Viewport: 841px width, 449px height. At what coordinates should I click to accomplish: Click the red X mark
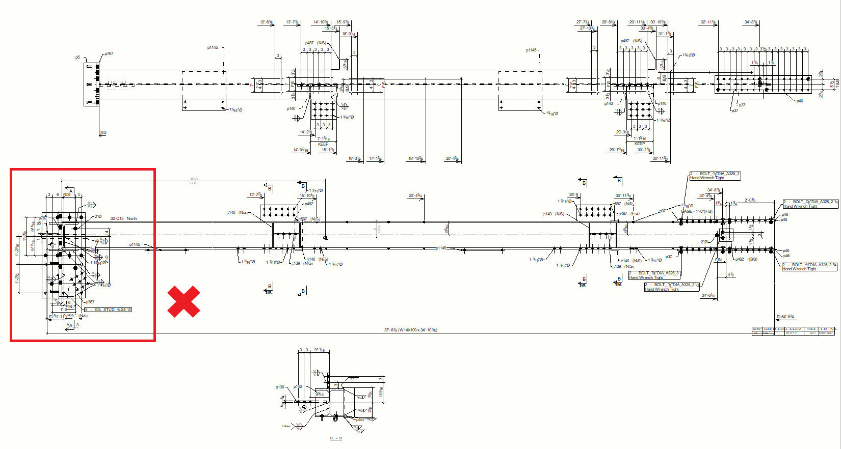click(x=183, y=301)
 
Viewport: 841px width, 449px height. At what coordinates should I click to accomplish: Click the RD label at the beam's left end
click(x=103, y=132)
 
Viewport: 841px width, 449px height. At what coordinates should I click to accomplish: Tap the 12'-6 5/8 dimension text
click(x=266, y=22)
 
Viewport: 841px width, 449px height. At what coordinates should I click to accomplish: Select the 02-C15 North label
click(x=123, y=218)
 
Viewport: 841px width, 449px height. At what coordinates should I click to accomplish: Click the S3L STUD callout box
click(x=108, y=310)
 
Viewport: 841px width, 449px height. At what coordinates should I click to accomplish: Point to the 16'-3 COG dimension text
click(x=194, y=181)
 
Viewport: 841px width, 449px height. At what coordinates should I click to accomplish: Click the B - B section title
click(x=336, y=438)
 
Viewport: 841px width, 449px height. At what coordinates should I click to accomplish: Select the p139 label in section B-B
click(x=280, y=387)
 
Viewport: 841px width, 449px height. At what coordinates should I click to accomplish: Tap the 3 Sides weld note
click(x=286, y=426)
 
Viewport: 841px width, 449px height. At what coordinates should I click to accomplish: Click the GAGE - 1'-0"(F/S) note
click(x=697, y=211)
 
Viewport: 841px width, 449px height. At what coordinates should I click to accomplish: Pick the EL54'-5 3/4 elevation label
click(x=785, y=317)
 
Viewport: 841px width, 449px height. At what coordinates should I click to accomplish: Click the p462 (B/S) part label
click(x=746, y=259)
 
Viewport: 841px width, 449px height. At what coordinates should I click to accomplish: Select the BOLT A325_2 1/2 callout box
click(x=671, y=287)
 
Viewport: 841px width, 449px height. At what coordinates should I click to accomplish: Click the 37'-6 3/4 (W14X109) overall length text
click(x=410, y=330)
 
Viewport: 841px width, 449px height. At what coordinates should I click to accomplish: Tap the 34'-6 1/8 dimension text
click(x=708, y=295)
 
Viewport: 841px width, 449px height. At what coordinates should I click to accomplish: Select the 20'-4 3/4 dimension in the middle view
click(x=415, y=195)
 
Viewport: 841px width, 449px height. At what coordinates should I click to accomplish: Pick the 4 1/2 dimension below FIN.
click(x=730, y=274)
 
